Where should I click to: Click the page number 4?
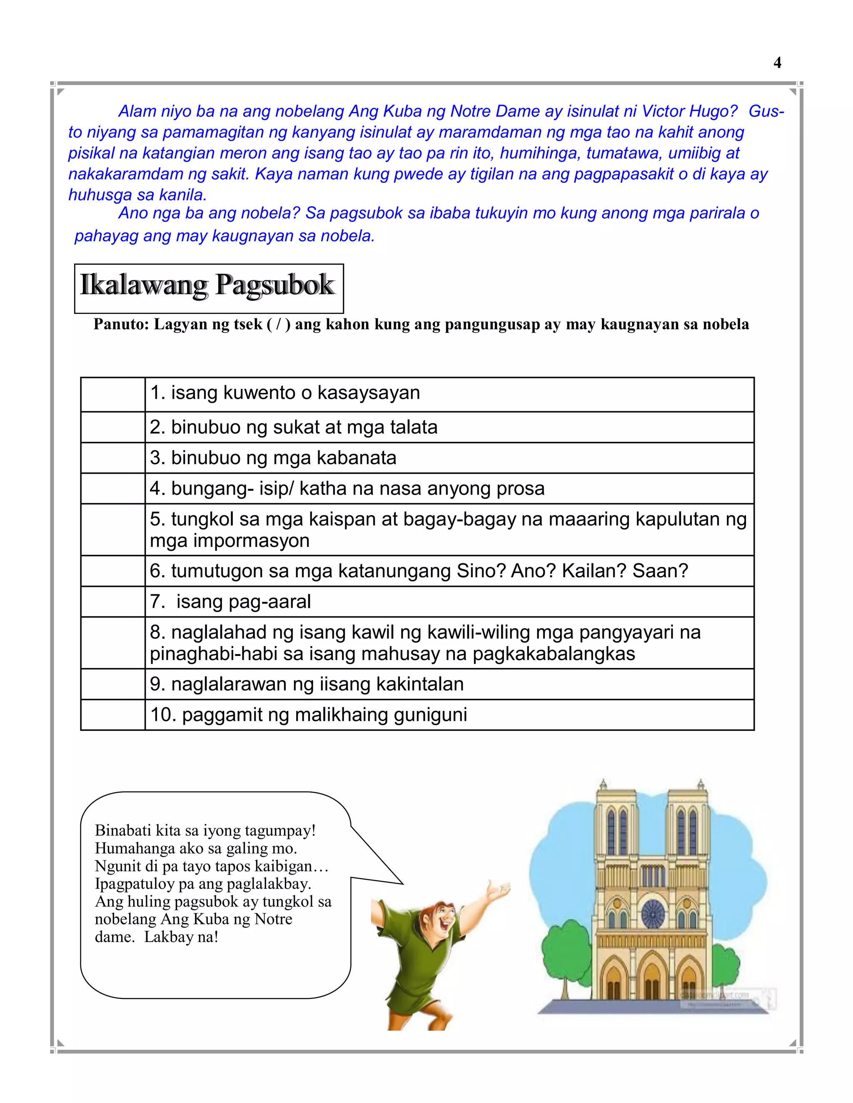click(x=777, y=62)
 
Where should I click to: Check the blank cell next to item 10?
click(x=113, y=715)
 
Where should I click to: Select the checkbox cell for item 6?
click(x=113, y=571)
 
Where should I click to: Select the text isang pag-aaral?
click(x=243, y=602)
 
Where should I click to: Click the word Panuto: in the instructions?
click(x=121, y=324)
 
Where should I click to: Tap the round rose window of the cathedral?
click(x=653, y=913)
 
